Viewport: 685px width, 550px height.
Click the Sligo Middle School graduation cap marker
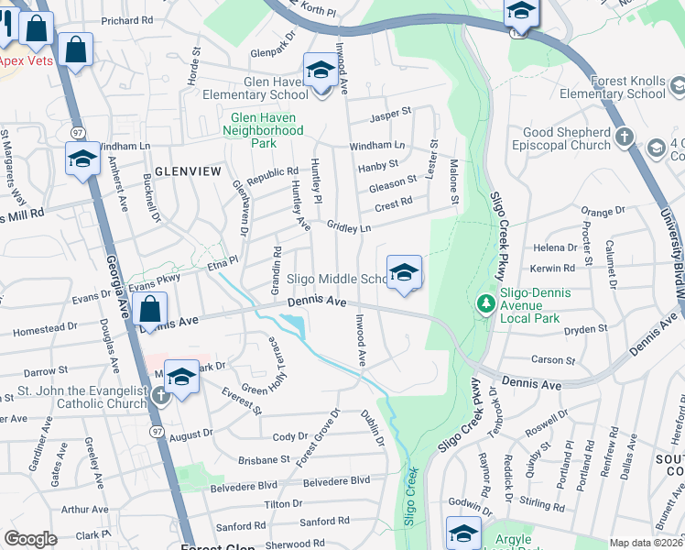click(404, 273)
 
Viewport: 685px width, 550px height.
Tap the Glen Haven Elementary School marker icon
click(320, 71)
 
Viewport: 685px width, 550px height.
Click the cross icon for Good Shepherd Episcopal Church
click(625, 137)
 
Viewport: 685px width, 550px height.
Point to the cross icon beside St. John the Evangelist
click(161, 396)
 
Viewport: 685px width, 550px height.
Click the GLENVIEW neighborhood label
click(188, 171)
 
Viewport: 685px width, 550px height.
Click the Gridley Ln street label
click(349, 226)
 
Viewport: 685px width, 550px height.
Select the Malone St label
click(452, 181)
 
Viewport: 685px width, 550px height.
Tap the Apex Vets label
click(26, 60)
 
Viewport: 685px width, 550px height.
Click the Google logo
click(30, 539)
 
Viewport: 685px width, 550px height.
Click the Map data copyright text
click(646, 543)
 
